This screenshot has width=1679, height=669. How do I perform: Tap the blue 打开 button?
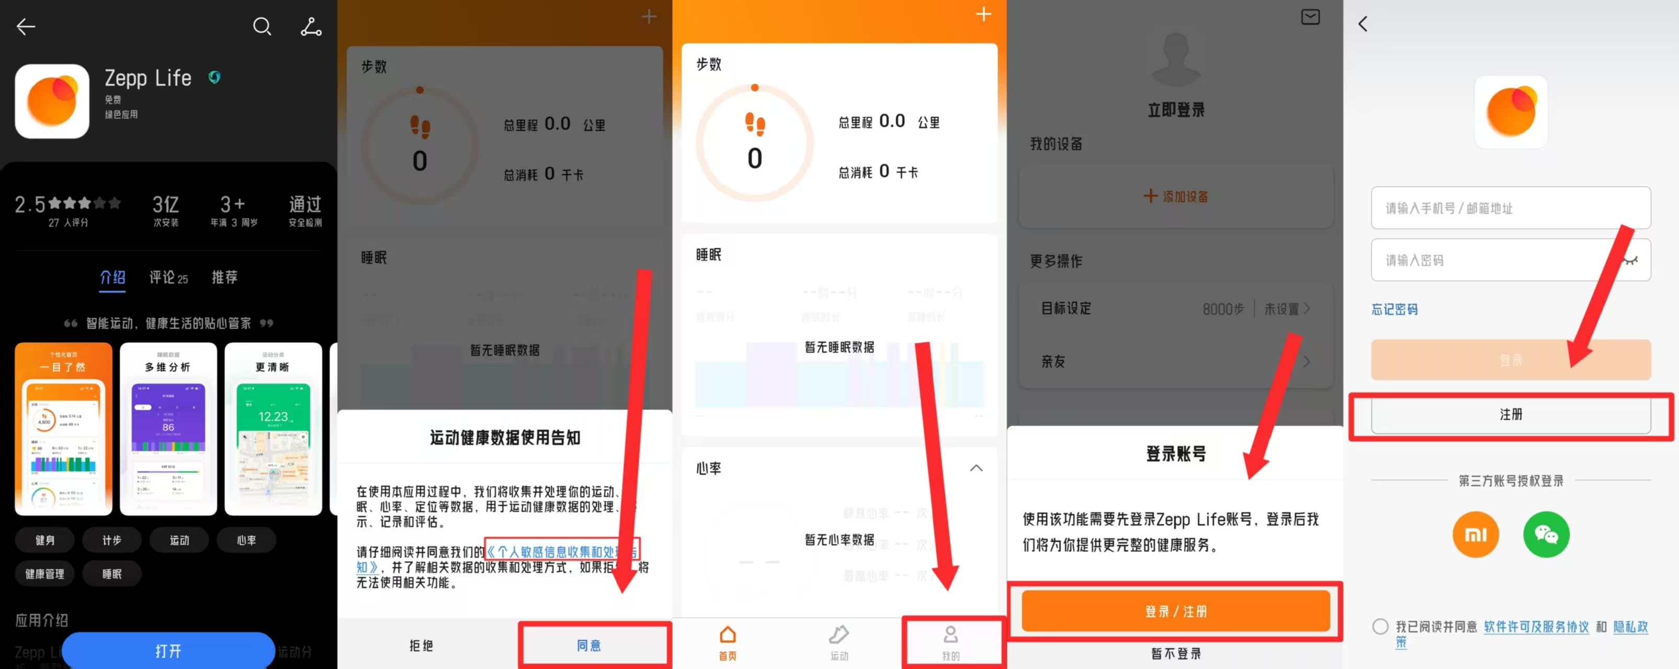(168, 650)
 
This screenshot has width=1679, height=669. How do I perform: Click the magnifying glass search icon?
(262, 27)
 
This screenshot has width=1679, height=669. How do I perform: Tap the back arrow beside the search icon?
(26, 27)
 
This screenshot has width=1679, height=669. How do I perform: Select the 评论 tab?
(168, 278)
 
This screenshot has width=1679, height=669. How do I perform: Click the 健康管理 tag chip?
(45, 574)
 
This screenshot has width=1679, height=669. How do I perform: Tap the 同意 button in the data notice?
(588, 645)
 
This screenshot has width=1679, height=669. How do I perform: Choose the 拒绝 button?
(421, 645)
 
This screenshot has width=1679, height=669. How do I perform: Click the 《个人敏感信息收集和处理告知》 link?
(561, 552)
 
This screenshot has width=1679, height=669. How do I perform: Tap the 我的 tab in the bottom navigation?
(950, 642)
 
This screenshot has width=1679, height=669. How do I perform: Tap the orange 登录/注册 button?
(1175, 611)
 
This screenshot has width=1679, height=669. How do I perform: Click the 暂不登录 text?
(1175, 653)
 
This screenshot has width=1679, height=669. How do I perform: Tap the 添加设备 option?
(1175, 196)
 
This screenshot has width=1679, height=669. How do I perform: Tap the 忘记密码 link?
(1394, 309)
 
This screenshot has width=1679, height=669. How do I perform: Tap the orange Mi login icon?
(1475, 534)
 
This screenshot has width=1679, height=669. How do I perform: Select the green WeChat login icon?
(1546, 534)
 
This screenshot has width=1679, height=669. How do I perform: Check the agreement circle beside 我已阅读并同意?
(1380, 627)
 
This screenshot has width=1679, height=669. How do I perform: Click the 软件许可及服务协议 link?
(1536, 627)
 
